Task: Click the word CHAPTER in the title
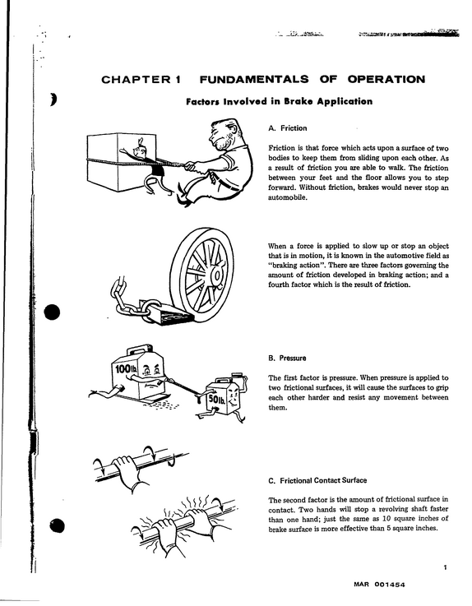pos(136,80)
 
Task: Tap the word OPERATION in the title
pos(386,79)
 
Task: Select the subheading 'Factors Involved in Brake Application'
pos(279,102)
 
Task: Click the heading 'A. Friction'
pos(288,128)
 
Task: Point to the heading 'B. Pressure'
pos(287,358)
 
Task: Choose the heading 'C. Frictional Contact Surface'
pos(317,480)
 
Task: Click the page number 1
pos(446,567)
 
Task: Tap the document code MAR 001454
pos(379,585)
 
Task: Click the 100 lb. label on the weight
pos(126,369)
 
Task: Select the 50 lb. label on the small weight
pos(217,400)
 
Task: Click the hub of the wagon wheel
pos(216,275)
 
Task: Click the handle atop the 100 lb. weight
pos(137,349)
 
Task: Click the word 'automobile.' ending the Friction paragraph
pos(288,197)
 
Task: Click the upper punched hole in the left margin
pos(52,312)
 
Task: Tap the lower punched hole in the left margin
pos(57,525)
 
